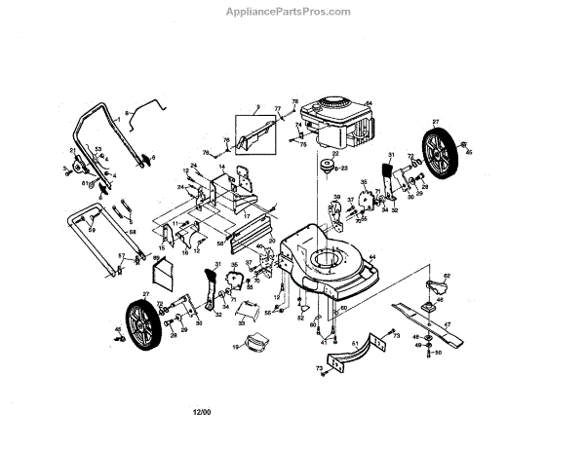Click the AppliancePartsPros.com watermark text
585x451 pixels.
point(292,12)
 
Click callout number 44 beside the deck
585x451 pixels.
point(372,258)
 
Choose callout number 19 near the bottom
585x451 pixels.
point(236,346)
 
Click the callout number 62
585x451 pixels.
point(446,276)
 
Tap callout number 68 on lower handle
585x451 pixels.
point(133,231)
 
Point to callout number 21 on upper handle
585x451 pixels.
point(72,150)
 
